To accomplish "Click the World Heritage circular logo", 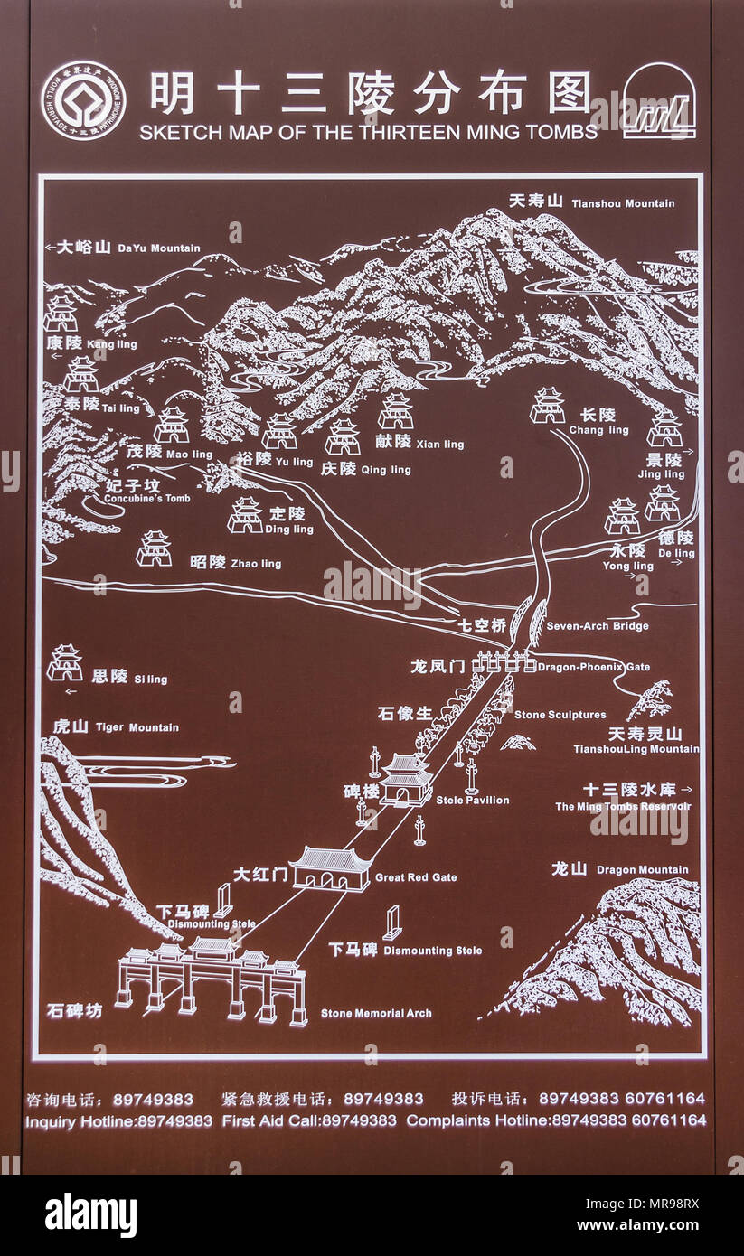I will point(83,100).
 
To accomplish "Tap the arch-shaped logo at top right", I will point(659,101).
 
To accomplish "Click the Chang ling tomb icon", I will point(547,406).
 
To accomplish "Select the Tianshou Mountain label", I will point(591,202).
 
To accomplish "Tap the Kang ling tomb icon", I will point(61,314).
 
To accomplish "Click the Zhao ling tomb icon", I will point(154,548).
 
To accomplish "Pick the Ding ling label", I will point(290,520).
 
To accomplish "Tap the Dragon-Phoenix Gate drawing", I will point(502,662).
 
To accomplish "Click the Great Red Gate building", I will point(330,868).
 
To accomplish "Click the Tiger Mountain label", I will point(115,727).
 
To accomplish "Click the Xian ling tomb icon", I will point(396,411).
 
